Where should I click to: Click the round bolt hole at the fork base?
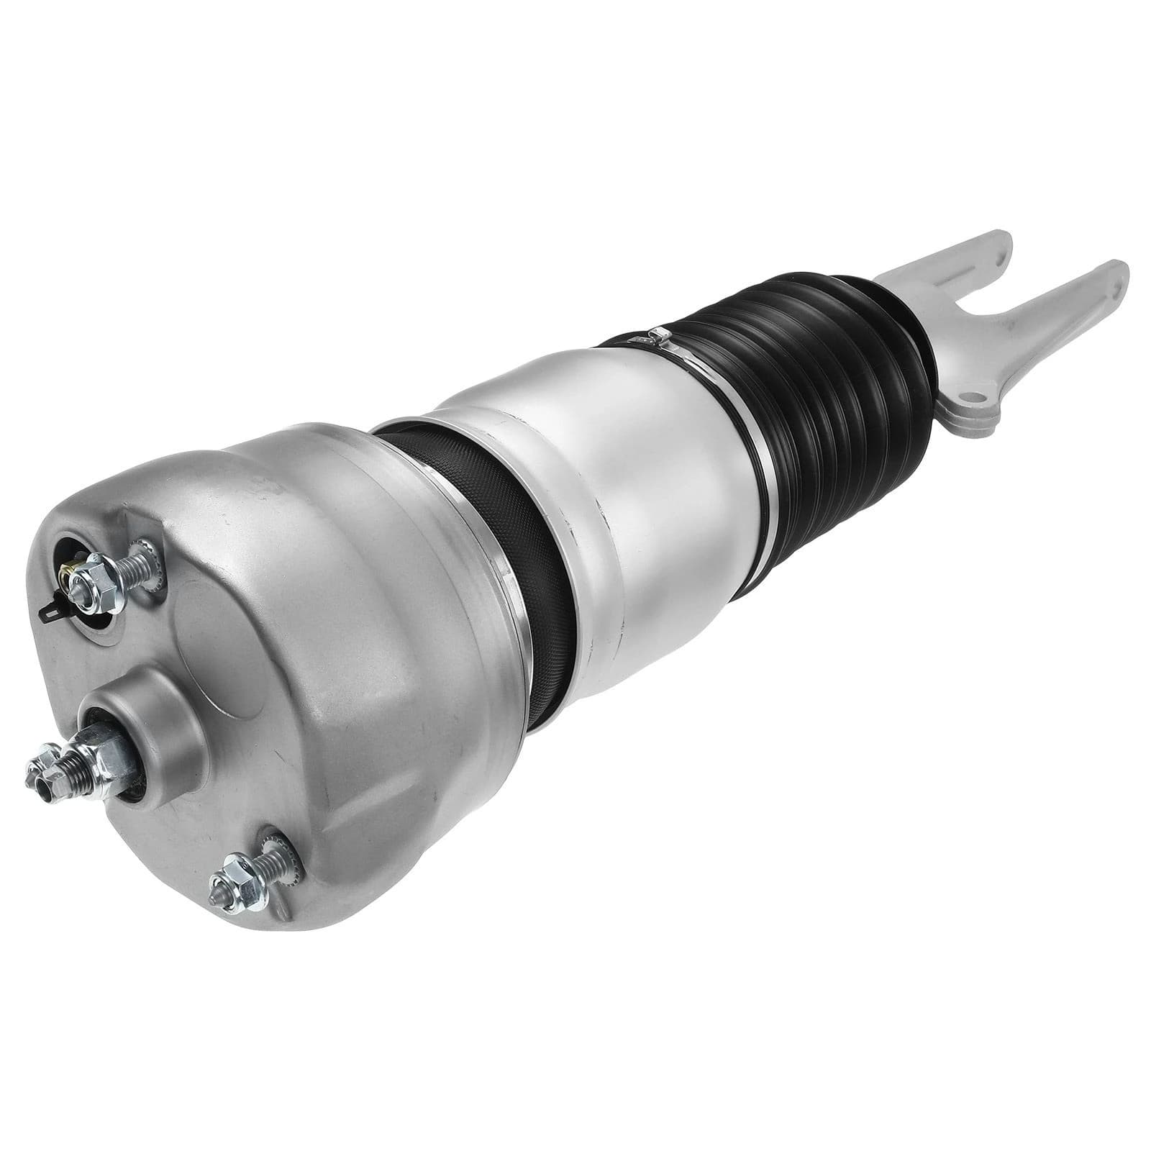(x=972, y=396)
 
